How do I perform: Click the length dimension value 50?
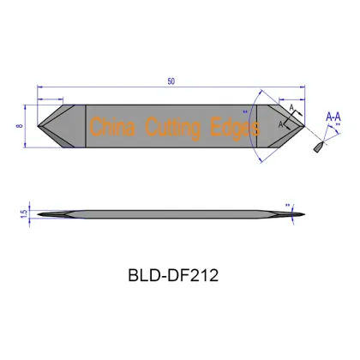coord(172,81)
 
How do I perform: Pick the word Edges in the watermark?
coord(234,129)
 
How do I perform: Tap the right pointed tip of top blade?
coord(305,127)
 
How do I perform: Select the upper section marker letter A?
coord(291,108)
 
